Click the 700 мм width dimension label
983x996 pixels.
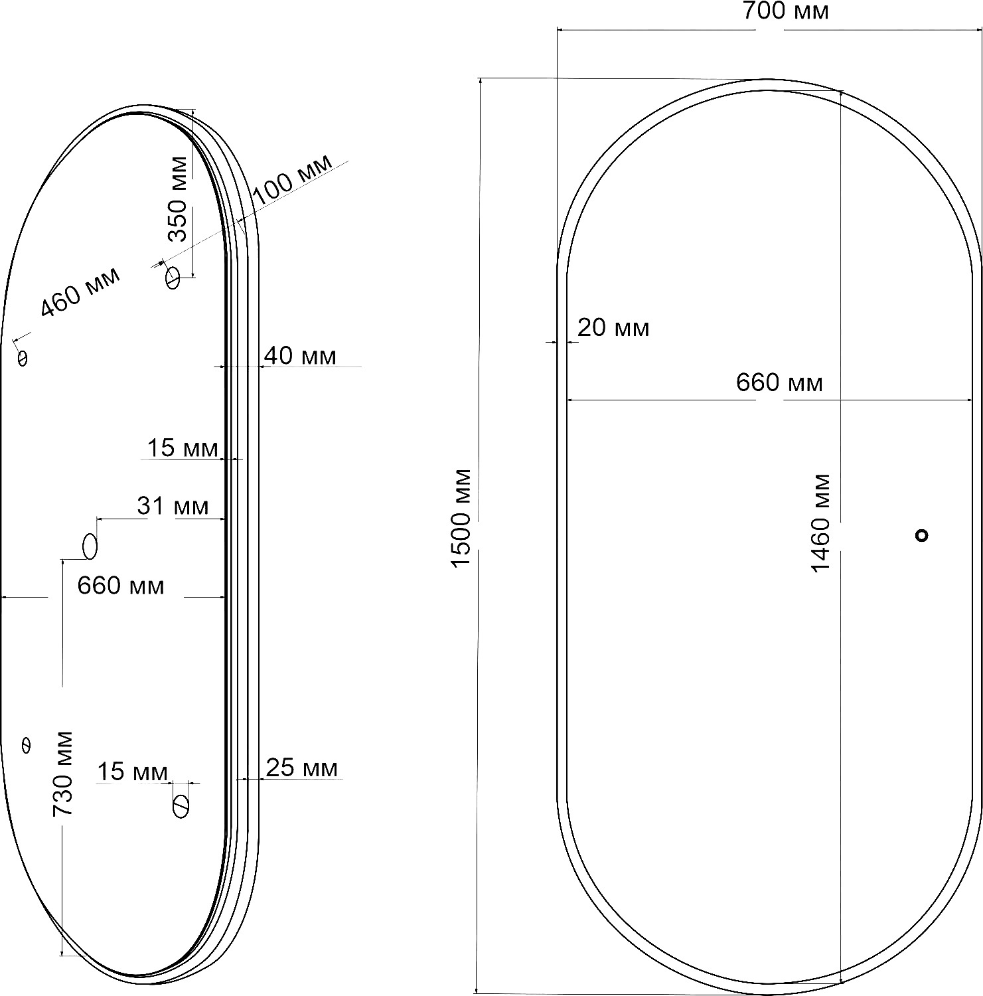tap(785, 11)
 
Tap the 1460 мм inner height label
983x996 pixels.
tap(821, 523)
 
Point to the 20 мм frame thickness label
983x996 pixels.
tap(613, 327)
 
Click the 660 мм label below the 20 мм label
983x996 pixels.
tap(779, 382)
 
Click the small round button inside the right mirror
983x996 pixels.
tap(921, 535)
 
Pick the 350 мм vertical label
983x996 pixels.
tap(178, 199)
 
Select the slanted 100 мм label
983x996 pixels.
tap(293, 179)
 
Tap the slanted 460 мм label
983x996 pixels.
tap(81, 292)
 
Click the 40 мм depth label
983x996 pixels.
tap(300, 356)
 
